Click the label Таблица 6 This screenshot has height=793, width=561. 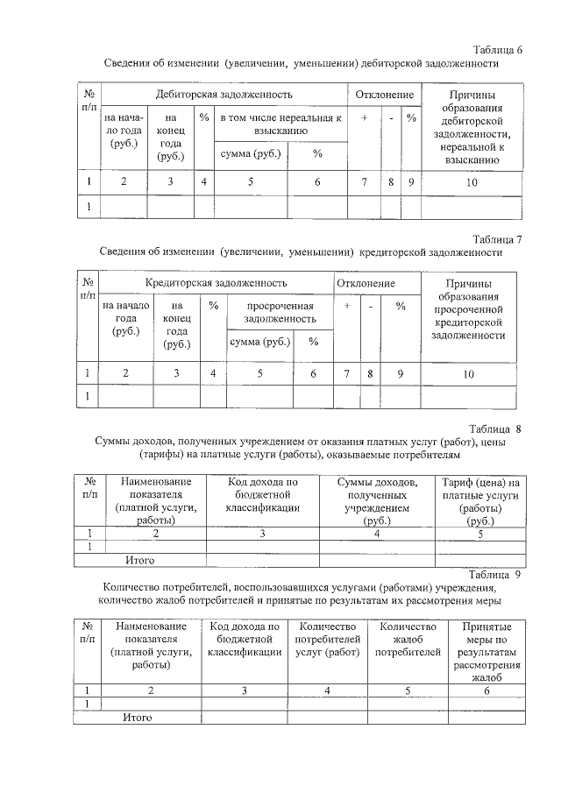(497, 49)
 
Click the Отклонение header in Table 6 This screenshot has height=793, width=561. (385, 94)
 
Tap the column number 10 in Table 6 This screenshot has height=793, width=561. (472, 181)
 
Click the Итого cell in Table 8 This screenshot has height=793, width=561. (140, 559)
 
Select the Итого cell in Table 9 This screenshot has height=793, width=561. (138, 718)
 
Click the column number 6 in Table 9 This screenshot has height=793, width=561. (487, 690)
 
